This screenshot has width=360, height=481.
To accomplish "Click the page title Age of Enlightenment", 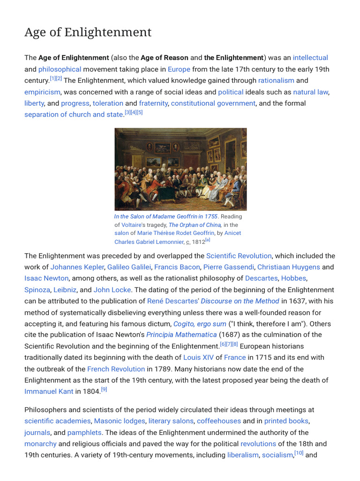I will coord(88,32).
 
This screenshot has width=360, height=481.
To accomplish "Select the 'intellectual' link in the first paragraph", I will coord(310,58).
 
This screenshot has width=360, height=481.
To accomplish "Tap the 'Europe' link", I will coord(179,69).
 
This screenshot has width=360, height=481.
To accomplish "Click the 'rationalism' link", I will coord(276,80).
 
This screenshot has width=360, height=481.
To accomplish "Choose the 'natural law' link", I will coord(310,92).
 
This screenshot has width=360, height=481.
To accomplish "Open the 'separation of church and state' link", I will coord(74,114).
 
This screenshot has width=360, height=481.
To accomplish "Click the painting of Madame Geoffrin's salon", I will coord(180,169).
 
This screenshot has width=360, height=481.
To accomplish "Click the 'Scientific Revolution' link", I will coord(239,256).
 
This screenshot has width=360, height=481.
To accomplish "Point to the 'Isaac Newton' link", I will coord(46,279).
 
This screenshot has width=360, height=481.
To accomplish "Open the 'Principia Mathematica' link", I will coord(181,335).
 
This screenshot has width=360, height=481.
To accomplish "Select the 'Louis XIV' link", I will coord(198,357).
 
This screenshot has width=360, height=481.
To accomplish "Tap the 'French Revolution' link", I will coord(116,369).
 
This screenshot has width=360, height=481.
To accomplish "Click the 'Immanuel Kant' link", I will coord(49,391).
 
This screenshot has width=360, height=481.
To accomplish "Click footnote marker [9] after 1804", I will coord(104,389).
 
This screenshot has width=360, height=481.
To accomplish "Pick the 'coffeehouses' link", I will coord(218,421).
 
